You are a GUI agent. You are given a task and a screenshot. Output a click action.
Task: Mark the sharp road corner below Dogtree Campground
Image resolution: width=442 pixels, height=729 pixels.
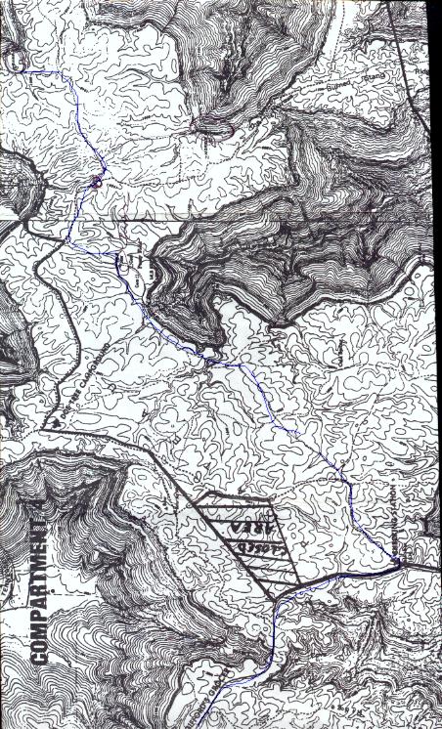point(45,430)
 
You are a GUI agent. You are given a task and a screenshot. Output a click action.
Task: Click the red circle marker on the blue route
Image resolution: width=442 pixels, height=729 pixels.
point(96,182)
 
